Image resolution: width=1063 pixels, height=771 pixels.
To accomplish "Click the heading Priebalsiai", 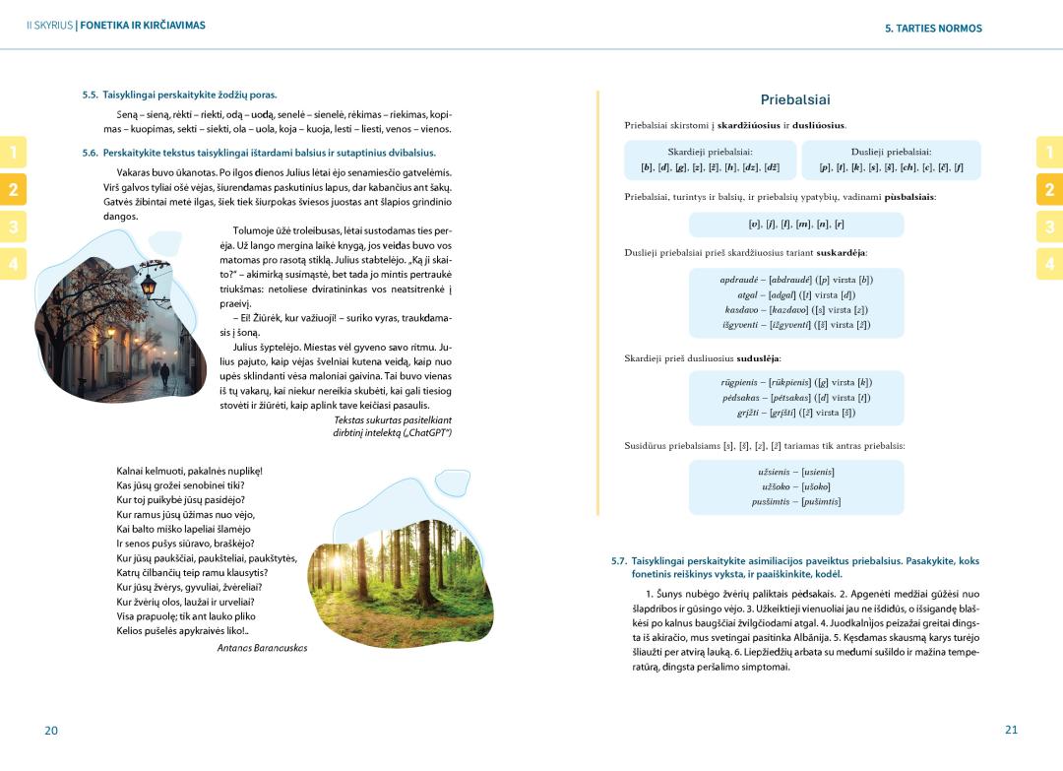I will pyautogui.click(x=795, y=99).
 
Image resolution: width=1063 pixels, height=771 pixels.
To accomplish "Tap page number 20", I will pyautogui.click(x=51, y=730).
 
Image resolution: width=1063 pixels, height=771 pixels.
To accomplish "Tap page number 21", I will pyautogui.click(x=1011, y=730).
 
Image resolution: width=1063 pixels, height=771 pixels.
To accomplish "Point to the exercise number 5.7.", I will pyautogui.click(x=618, y=561).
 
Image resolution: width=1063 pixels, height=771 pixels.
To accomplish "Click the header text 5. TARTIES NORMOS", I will pyautogui.click(x=933, y=29).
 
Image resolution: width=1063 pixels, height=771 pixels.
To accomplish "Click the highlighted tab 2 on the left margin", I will pyautogui.click(x=13, y=189).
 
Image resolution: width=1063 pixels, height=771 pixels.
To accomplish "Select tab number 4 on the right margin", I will pyautogui.click(x=1049, y=264).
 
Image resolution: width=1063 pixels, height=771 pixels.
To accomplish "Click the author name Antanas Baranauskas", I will pyautogui.click(x=262, y=648).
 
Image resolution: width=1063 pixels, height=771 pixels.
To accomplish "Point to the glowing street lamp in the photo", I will pyautogui.click(x=148, y=287).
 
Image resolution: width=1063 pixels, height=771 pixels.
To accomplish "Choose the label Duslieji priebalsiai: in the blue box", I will pyautogui.click(x=891, y=152).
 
